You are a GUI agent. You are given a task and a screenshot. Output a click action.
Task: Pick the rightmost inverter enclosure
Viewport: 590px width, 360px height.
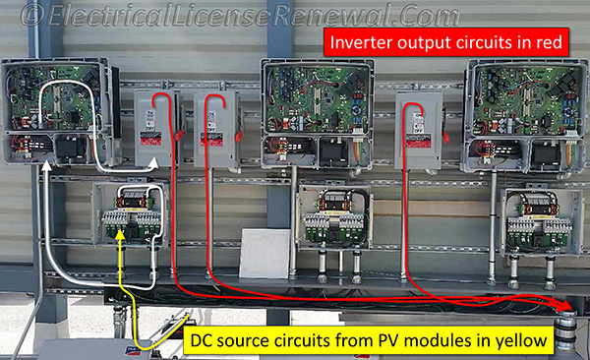point(518,108)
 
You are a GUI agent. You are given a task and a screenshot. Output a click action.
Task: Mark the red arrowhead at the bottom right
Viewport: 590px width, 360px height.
point(564,307)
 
